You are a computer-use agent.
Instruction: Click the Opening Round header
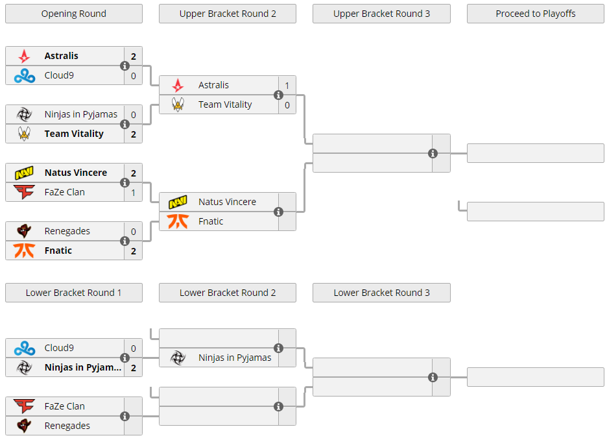(73, 14)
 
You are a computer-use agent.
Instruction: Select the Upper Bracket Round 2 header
(228, 14)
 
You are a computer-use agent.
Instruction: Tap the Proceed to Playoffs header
(536, 14)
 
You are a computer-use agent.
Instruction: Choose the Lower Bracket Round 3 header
(381, 293)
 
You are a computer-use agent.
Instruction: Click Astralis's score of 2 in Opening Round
(134, 56)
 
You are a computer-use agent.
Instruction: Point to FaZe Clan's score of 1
(134, 193)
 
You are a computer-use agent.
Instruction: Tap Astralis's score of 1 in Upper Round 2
(287, 86)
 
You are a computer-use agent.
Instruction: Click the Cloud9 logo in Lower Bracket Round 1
(25, 348)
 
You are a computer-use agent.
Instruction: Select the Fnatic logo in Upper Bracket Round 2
(178, 221)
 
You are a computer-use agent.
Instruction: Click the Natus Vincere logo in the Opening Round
(24, 173)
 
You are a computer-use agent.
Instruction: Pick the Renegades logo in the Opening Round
(24, 231)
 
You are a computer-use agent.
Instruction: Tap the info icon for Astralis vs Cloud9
(125, 66)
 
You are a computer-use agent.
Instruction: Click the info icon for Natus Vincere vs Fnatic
(278, 212)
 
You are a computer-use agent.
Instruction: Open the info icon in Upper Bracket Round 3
(433, 153)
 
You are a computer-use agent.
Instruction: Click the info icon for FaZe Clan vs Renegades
(125, 417)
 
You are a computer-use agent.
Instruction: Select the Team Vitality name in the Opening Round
(74, 134)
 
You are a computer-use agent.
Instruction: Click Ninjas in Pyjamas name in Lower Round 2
(235, 358)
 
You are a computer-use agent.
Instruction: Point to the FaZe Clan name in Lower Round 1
(64, 406)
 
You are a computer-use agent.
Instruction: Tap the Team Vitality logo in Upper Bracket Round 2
(178, 104)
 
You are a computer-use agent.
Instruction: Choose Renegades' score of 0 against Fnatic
(134, 232)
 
